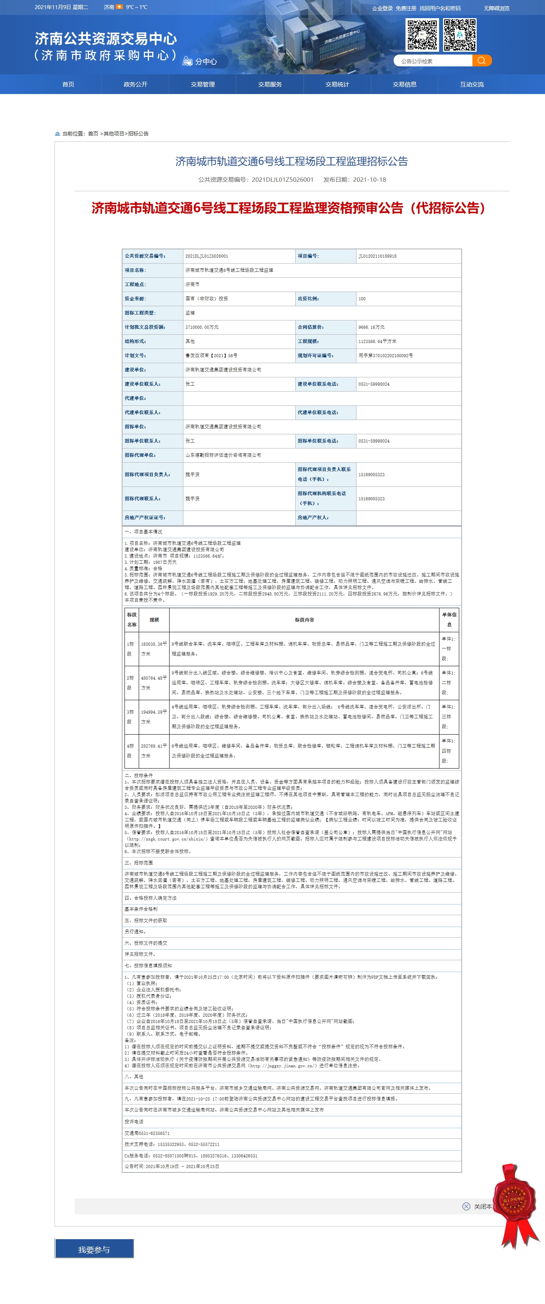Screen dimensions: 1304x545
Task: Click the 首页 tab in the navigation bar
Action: pyautogui.click(x=68, y=85)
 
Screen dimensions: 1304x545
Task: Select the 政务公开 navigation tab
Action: pyautogui.click(x=135, y=85)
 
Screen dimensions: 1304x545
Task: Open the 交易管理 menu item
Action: pyautogui.click(x=203, y=85)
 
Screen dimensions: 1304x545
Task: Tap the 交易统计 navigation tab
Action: pyautogui.click(x=337, y=85)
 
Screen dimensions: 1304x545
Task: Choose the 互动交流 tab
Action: pyautogui.click(x=471, y=85)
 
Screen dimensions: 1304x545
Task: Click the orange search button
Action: pyautogui.click(x=482, y=61)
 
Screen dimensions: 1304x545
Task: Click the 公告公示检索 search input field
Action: pyautogui.click(x=433, y=61)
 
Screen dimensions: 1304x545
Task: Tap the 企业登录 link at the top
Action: pyautogui.click(x=383, y=8)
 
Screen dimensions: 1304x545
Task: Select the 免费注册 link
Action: pyautogui.click(x=406, y=8)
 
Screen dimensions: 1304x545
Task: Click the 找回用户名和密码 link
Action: pyautogui.click(x=439, y=8)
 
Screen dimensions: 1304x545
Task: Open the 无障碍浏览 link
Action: pyautogui.click(x=496, y=8)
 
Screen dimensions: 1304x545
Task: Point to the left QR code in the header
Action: pyautogui.click(x=422, y=35)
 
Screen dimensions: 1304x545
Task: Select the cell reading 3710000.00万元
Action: pyautogui.click(x=202, y=327)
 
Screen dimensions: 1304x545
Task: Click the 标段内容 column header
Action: pyautogui.click(x=304, y=620)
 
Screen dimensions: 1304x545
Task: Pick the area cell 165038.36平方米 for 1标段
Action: pyautogui.click(x=153, y=648)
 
